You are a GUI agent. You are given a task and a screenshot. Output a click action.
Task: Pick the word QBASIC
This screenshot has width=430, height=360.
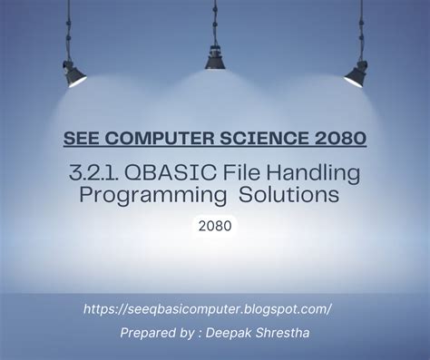pos(183,171)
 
